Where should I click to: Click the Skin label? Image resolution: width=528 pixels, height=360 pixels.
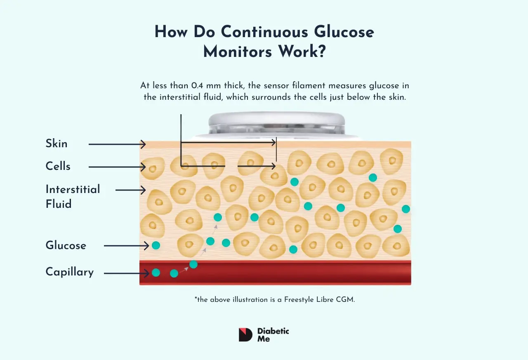[57, 144]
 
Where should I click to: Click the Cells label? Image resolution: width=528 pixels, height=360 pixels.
[58, 167]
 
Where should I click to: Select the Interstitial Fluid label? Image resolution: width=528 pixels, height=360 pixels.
[73, 196]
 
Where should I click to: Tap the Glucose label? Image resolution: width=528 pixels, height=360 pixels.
[66, 246]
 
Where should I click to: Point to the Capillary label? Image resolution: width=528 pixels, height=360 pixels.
[70, 272]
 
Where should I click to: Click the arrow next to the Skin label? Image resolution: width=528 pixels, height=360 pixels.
[117, 144]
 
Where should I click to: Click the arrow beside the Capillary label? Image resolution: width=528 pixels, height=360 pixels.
[126, 273]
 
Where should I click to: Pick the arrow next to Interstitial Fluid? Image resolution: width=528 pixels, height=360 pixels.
[131, 190]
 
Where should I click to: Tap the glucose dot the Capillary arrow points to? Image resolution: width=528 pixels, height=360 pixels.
[156, 273]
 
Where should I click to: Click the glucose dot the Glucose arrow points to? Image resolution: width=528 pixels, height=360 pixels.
[156, 245]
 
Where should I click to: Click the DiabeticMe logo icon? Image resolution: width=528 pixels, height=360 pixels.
[245, 335]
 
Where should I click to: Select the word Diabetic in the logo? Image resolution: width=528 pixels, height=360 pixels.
[273, 331]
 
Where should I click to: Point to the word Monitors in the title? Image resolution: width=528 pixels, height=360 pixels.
[238, 52]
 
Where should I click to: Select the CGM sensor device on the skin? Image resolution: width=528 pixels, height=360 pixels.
[276, 124]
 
